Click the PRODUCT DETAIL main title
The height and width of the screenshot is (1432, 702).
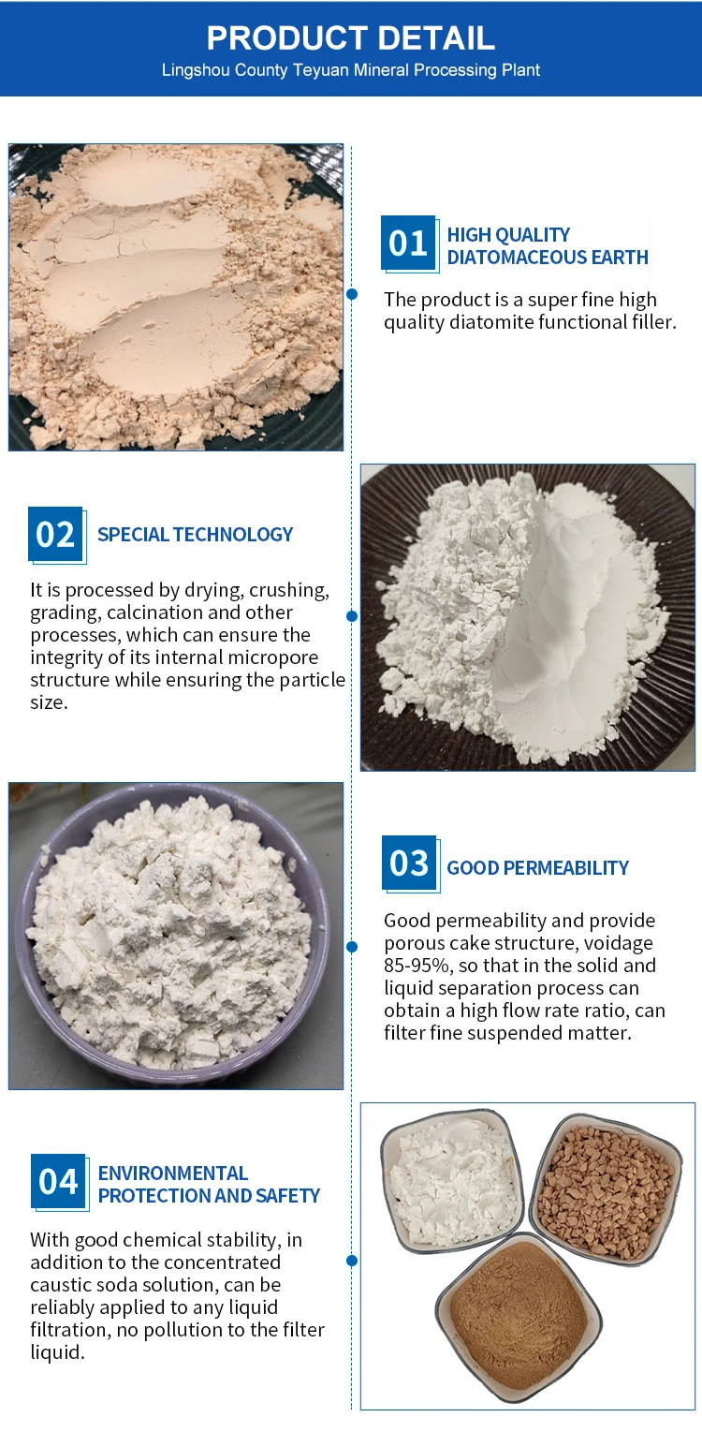pos(351,38)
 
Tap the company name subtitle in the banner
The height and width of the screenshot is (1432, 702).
pos(351,69)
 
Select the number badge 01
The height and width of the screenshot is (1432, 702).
pos(408,243)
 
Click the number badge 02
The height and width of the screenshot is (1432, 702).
pos(55,534)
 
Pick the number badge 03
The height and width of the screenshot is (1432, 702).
pos(409,863)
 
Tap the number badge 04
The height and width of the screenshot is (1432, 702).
pos(58,1181)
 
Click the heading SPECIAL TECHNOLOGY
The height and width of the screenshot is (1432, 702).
pos(195,535)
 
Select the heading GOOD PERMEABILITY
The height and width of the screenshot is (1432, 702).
pos(538,867)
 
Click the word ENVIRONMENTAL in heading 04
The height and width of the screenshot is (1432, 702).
pos(172,1174)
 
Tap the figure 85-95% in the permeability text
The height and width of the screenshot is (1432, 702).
pos(418,966)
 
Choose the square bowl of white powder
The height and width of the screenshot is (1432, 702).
pos(452,1180)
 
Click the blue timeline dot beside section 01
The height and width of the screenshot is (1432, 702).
pos(351,294)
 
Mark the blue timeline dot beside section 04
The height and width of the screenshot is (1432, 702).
pos(351,1260)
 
